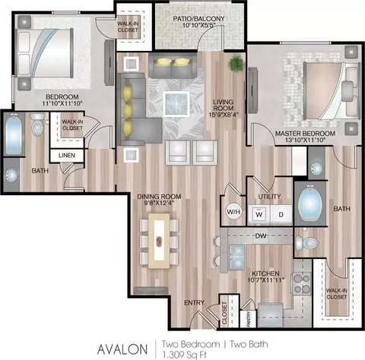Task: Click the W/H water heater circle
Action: [x=233, y=211]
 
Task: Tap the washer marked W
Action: [x=259, y=214]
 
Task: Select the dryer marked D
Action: [x=281, y=214]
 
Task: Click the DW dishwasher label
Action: [x=261, y=236]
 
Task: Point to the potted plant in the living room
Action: [x=236, y=63]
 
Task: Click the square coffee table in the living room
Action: [x=176, y=104]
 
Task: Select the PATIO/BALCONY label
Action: [x=198, y=18]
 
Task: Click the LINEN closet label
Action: [x=67, y=155]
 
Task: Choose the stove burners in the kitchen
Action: [x=302, y=283]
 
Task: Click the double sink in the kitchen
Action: [x=237, y=257]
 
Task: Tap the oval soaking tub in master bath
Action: [x=310, y=204]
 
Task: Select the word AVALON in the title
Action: [x=122, y=349]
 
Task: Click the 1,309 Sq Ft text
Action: [x=185, y=355]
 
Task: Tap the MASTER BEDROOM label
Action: [x=305, y=134]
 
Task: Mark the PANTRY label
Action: [x=249, y=318]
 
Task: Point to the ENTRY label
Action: [x=195, y=302]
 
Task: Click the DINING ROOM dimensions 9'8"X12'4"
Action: [x=159, y=203]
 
